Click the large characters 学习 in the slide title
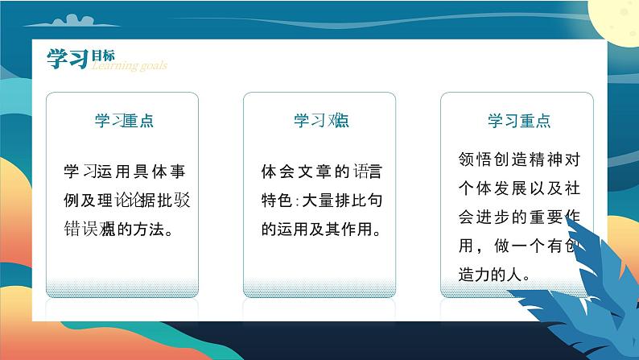[67, 58]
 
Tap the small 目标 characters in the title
[102, 55]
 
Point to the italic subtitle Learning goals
[129, 66]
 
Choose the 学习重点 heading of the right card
[519, 121]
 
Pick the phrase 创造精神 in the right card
[522, 159]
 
